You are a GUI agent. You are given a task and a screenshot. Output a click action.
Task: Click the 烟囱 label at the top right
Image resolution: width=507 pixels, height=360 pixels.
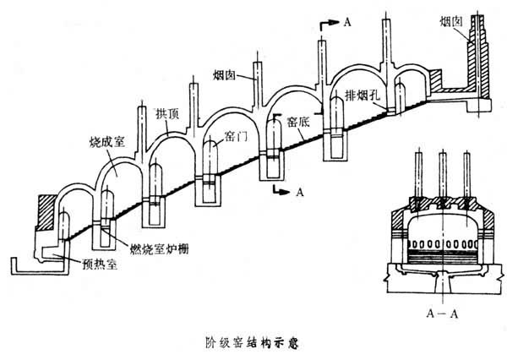point(452,19)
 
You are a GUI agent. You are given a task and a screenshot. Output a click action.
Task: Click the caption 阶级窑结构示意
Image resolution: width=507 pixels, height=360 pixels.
point(253,343)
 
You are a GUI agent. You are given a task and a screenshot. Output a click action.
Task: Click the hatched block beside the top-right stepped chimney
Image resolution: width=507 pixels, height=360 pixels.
point(440,80)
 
